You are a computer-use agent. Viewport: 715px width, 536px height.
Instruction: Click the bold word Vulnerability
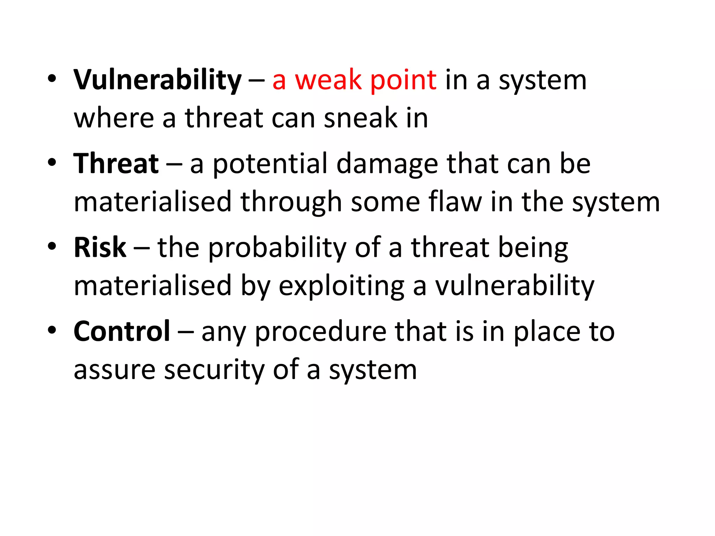[x=157, y=81]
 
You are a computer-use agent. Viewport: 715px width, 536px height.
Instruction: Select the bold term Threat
[x=116, y=164]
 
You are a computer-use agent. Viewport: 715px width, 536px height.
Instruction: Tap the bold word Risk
[x=100, y=247]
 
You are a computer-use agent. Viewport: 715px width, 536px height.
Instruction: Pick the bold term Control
[x=122, y=331]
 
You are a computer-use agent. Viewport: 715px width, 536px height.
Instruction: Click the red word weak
[x=328, y=80]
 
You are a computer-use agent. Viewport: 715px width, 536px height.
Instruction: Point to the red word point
[x=403, y=81]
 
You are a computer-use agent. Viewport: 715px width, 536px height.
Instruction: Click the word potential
[x=270, y=164]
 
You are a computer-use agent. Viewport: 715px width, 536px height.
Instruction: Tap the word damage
[x=387, y=164]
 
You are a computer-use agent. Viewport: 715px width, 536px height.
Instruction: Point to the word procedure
[x=320, y=332]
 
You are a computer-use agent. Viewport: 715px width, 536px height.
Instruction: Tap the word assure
[x=115, y=370]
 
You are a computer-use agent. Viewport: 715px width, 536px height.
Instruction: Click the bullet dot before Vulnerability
[x=52, y=79]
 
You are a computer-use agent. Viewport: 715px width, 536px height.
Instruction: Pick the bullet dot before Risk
[x=52, y=246]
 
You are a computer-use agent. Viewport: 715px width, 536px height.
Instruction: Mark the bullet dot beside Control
[x=52, y=330]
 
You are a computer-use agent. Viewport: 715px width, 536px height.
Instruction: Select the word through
[x=291, y=202]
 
